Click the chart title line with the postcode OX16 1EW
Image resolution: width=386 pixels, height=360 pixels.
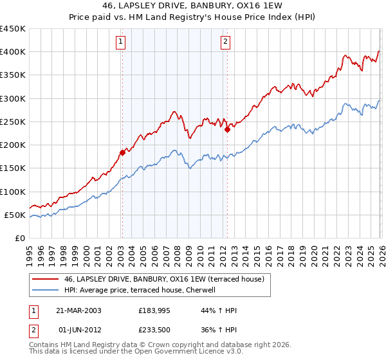[x=192, y=6]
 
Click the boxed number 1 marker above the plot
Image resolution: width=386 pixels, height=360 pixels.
[x=121, y=42]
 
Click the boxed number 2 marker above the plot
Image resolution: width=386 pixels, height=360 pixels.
[x=226, y=42]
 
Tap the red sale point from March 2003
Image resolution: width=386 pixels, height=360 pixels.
[x=122, y=152]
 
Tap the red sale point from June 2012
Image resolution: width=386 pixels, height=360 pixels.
[x=227, y=129]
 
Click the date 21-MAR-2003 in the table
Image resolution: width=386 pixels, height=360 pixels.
[x=78, y=310]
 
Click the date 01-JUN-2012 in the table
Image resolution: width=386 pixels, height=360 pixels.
[x=78, y=331]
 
